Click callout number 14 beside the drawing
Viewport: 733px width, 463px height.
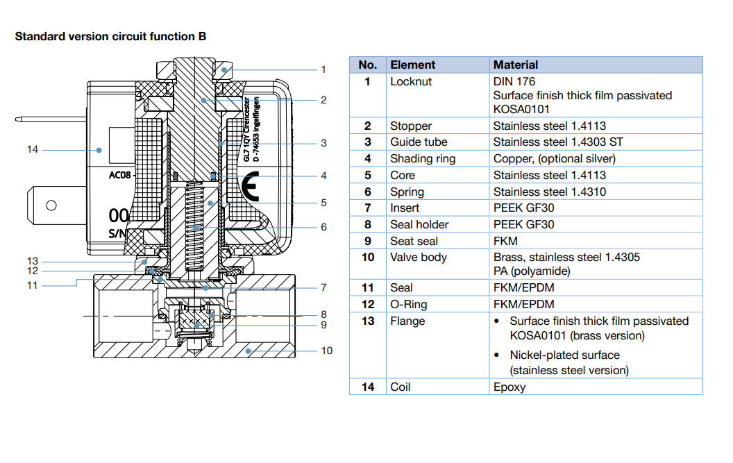pyautogui.click(x=33, y=149)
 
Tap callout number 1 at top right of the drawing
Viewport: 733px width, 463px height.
pyautogui.click(x=323, y=69)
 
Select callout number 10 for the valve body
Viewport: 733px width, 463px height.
pyautogui.click(x=326, y=351)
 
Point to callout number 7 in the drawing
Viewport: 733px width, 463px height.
pyautogui.click(x=323, y=287)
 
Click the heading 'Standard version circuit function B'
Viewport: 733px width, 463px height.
pyautogui.click(x=110, y=36)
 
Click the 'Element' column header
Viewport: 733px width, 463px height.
pyautogui.click(x=413, y=65)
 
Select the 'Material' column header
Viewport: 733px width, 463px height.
pyautogui.click(x=516, y=65)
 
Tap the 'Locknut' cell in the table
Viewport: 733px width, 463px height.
pyautogui.click(x=411, y=81)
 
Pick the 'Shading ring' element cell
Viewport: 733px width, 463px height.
pyautogui.click(x=423, y=158)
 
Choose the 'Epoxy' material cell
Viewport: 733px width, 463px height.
pyautogui.click(x=509, y=387)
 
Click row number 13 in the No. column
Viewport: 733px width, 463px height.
pyautogui.click(x=368, y=321)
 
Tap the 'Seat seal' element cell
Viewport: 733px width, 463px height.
pyautogui.click(x=414, y=241)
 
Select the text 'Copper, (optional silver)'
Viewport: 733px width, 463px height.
pyautogui.click(x=555, y=158)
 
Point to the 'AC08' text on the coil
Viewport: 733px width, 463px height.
pyautogui.click(x=119, y=175)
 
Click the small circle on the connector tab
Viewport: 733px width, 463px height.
pyautogui.click(x=51, y=205)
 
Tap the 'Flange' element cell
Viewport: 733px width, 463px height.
pyautogui.click(x=407, y=321)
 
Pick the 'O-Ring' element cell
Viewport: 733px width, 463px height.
pyautogui.click(x=409, y=304)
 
